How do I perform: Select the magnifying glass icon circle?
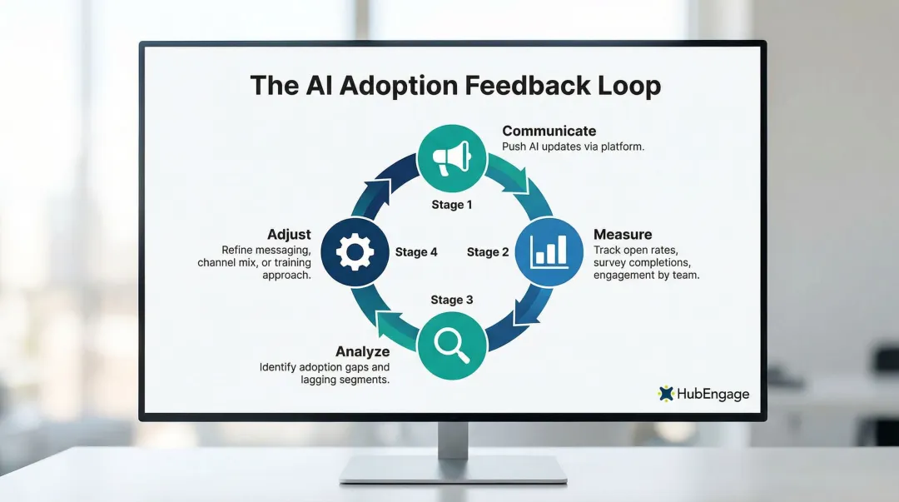point(450,345)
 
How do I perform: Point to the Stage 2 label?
point(488,252)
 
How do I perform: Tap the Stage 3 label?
point(452,300)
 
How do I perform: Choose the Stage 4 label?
point(416,252)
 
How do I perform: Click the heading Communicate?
point(549,131)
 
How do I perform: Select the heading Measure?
point(622,234)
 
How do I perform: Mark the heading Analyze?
point(362,351)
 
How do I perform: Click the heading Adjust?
point(289,234)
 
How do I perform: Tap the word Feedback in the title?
point(522,86)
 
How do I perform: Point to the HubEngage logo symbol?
point(665,393)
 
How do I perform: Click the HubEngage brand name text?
point(713,394)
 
